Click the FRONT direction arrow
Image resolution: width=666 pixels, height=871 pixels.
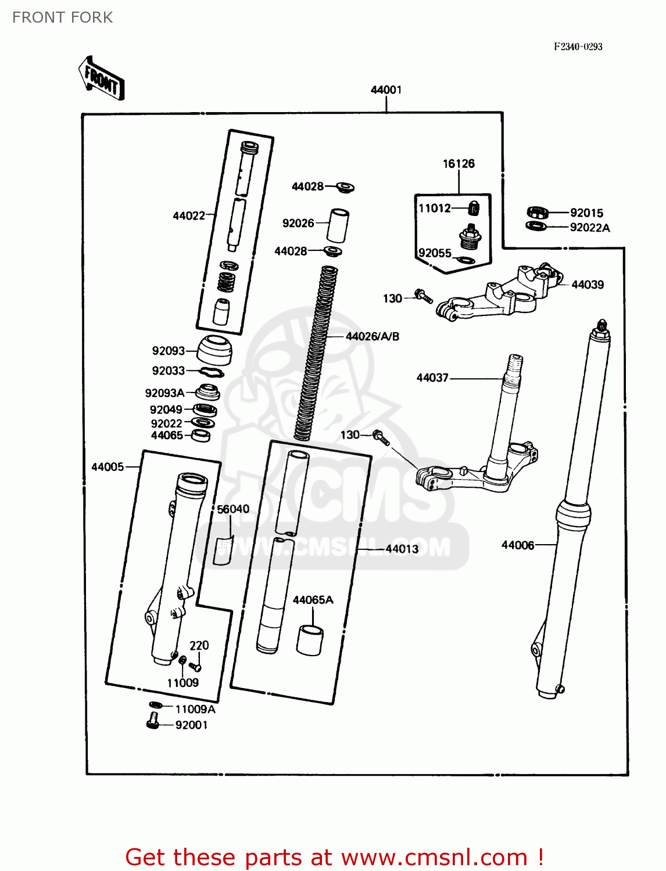pos(101,78)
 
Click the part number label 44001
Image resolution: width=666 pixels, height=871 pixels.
pos(386,89)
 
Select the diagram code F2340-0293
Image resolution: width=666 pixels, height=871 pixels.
pos(578,46)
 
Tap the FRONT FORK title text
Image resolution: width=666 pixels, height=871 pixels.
pos(62,17)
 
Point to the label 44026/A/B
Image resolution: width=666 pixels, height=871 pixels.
pos(372,336)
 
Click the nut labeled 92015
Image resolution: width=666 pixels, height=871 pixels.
pos(537,213)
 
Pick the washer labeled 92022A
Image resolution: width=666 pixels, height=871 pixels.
pos(536,226)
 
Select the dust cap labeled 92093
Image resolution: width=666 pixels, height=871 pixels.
pos(214,350)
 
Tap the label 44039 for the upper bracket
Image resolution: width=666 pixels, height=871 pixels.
pos(587,285)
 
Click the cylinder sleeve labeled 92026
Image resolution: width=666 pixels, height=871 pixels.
pos(338,225)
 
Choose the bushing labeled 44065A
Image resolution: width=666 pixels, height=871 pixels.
pos(310,640)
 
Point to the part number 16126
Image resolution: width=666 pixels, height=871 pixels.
pos(459,164)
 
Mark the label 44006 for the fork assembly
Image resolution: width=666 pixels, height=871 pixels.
pos(517,545)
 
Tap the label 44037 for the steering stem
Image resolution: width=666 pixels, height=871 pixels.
pos(432,377)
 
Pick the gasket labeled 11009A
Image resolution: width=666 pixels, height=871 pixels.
pos(154,705)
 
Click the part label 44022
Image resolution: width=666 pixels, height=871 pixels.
pos(189,215)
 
